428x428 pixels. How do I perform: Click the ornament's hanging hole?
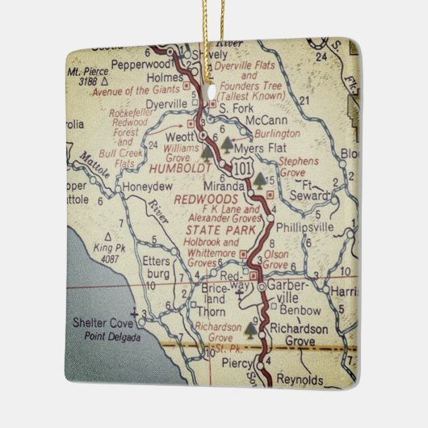tap(210, 79)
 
